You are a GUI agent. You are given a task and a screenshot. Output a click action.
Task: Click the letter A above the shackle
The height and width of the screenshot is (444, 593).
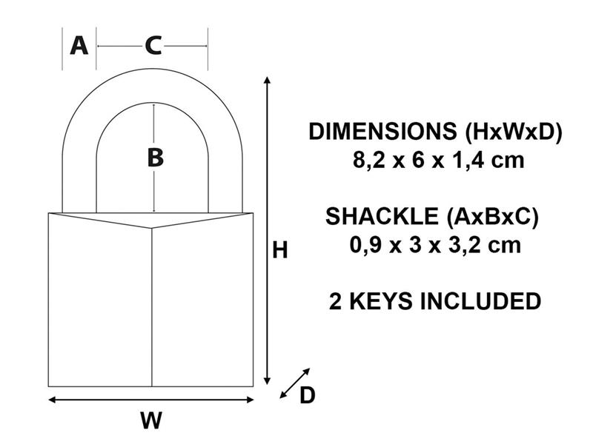[79, 45]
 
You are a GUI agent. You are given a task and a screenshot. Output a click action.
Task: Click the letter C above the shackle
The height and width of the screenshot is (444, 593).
[153, 46]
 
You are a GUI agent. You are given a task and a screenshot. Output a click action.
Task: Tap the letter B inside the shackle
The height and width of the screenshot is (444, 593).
[155, 157]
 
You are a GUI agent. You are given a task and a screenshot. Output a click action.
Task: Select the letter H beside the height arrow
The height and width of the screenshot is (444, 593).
[280, 250]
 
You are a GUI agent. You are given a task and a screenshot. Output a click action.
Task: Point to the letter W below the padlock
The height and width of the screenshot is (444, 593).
[151, 420]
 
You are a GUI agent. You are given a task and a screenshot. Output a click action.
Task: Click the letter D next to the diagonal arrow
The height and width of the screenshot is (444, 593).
[307, 395]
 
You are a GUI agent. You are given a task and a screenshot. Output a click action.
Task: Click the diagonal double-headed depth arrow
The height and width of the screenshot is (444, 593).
[294, 383]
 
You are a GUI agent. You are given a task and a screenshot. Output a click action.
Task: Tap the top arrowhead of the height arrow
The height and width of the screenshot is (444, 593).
[268, 79]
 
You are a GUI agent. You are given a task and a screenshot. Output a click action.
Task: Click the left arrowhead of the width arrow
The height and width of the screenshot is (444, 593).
[52, 400]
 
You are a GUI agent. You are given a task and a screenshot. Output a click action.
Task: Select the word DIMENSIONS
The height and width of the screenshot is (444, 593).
[382, 132]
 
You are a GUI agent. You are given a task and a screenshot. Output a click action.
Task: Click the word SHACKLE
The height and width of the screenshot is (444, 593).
[382, 216]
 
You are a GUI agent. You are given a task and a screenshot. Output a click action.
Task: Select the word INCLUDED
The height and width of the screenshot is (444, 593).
[480, 301]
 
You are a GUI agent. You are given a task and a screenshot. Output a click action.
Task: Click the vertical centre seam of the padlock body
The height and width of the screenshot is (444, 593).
[152, 307]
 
